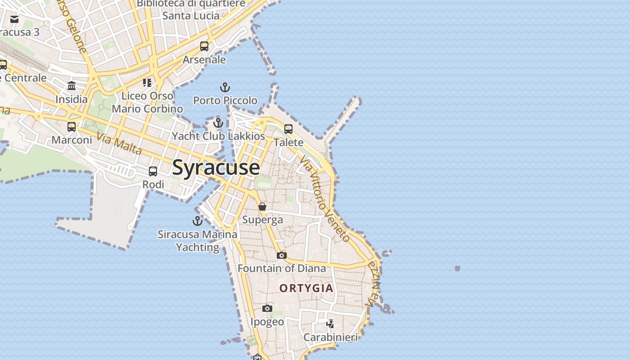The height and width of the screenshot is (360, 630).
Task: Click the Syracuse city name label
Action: click(x=216, y=167)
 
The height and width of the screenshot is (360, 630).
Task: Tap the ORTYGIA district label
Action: click(x=306, y=288)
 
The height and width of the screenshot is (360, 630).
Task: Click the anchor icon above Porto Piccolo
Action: click(x=225, y=87)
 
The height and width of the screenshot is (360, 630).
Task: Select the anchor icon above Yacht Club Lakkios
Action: click(x=218, y=122)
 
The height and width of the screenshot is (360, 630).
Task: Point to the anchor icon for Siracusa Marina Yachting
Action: click(x=197, y=221)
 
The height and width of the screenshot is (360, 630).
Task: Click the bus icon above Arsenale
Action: click(x=204, y=46)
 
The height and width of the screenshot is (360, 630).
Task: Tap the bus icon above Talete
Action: click(x=288, y=129)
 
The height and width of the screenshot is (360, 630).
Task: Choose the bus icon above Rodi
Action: click(x=153, y=171)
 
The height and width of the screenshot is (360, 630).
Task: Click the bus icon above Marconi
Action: click(x=72, y=126)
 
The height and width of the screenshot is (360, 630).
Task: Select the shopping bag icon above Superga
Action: click(x=262, y=207)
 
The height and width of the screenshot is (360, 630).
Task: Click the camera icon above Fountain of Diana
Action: click(x=282, y=255)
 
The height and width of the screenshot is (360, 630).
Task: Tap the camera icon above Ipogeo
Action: click(x=267, y=308)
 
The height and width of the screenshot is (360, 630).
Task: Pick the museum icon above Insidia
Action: click(x=72, y=86)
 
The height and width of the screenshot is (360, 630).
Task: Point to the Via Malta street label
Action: click(x=119, y=144)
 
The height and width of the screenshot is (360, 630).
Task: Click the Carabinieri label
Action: click(x=330, y=337)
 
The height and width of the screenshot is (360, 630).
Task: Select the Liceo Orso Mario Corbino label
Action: click(x=147, y=102)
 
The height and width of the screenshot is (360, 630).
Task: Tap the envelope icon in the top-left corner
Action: click(x=14, y=19)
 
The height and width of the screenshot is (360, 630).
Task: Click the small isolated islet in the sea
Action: click(x=457, y=268)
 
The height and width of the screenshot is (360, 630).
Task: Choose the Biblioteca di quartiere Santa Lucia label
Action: click(x=191, y=9)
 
